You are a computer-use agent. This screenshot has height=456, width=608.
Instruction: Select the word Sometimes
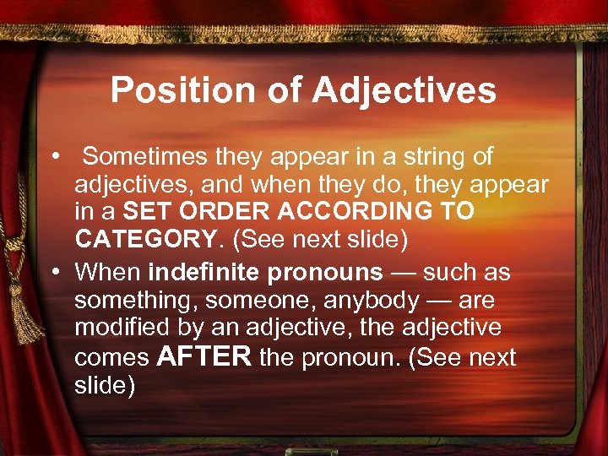pos(138,156)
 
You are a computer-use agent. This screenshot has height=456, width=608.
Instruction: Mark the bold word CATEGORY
pos(145,239)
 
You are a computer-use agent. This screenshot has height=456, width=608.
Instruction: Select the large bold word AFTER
pos(204,356)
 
